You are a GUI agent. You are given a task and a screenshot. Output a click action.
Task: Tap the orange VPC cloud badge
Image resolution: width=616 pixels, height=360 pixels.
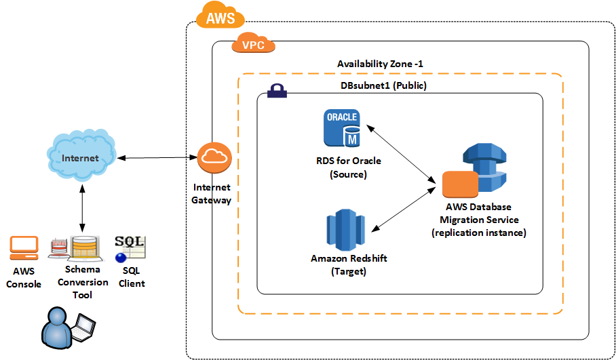[x=254, y=45]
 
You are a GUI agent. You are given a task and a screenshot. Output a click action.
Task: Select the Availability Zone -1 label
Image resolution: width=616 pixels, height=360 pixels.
[x=381, y=64]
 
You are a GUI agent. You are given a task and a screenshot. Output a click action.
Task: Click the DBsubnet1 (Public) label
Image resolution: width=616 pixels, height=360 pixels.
[x=383, y=86]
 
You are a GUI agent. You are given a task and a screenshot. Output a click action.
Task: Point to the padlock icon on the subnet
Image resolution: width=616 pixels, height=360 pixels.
[x=276, y=92]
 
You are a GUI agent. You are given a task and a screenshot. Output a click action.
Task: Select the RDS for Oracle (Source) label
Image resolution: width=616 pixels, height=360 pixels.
[x=348, y=167]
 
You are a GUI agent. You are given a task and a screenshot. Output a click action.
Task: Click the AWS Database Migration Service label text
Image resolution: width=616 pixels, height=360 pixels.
[x=479, y=220]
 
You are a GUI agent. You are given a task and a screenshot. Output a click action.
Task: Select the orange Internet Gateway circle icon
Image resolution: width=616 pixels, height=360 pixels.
[x=214, y=158]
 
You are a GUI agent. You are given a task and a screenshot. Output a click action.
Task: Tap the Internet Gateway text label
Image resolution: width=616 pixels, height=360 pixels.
[x=212, y=194]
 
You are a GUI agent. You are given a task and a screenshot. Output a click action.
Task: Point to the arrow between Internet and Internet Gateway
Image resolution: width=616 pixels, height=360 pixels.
[x=157, y=158]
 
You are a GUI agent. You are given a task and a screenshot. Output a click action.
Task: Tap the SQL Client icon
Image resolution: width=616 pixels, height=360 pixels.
[x=130, y=249]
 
